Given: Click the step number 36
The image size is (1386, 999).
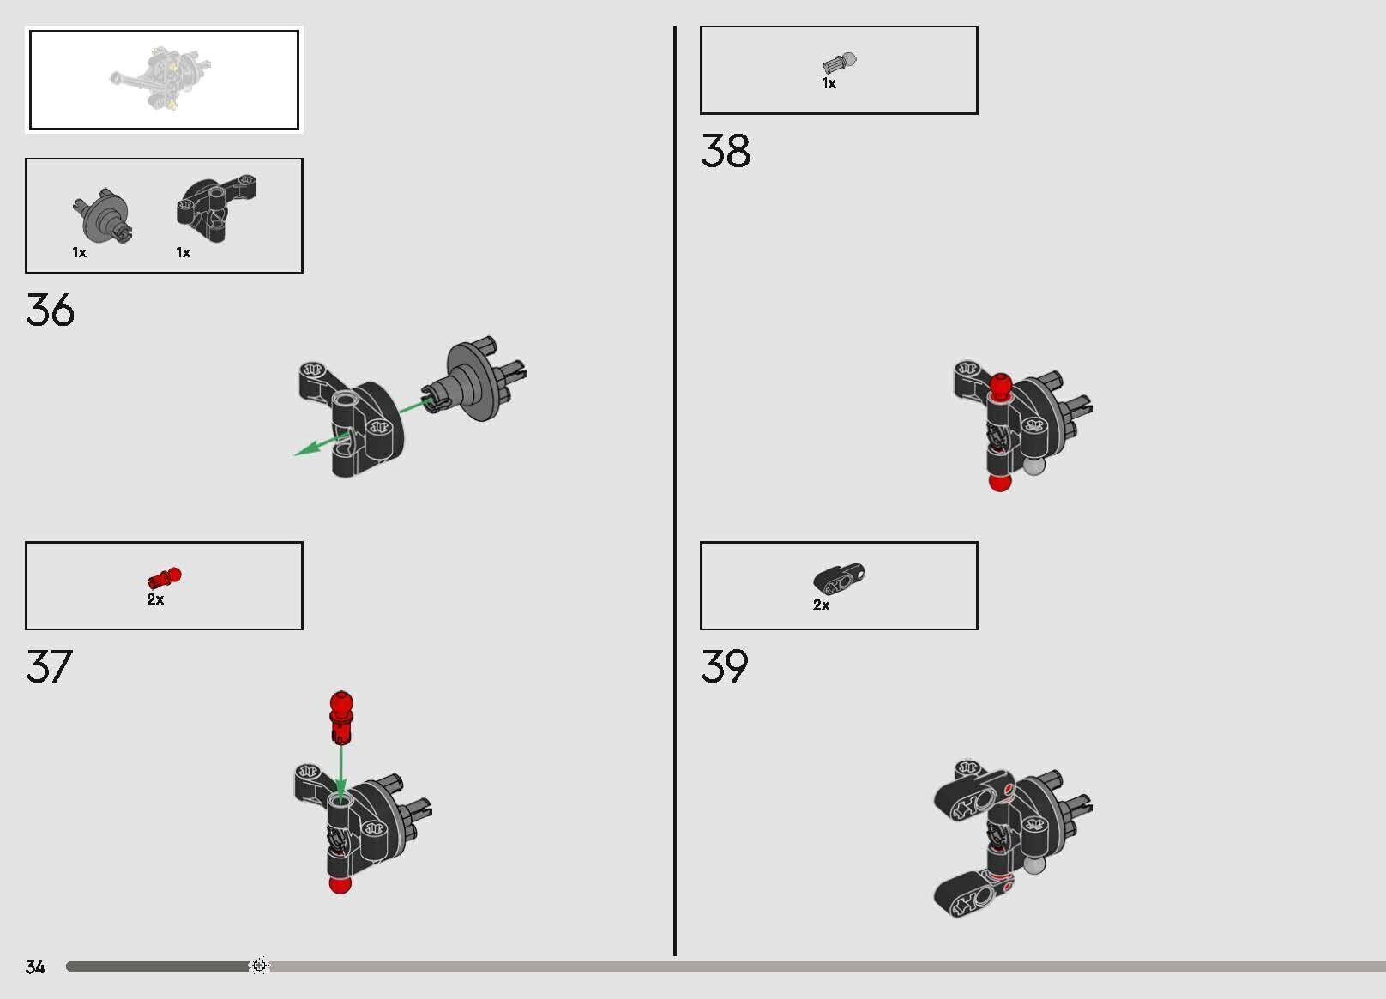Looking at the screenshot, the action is (x=50, y=310).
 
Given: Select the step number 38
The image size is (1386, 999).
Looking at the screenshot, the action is (x=726, y=150).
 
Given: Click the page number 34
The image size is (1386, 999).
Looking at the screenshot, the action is (x=35, y=966).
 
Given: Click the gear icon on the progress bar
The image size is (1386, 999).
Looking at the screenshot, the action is (x=259, y=965).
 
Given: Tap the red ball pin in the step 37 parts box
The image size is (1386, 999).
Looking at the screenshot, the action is (x=165, y=577).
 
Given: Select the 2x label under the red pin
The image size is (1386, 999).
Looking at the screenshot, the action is (x=155, y=599).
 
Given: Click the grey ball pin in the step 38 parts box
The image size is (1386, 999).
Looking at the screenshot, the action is (x=840, y=63).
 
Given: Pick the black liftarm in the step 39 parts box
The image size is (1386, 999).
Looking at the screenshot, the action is (x=840, y=579).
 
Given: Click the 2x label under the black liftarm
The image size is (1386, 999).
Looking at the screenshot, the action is (x=821, y=605).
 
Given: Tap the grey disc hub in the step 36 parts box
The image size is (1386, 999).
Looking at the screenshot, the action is (x=102, y=216).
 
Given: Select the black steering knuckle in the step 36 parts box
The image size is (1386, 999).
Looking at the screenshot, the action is (x=216, y=208).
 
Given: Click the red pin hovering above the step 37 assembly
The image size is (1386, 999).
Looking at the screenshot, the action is (x=341, y=718).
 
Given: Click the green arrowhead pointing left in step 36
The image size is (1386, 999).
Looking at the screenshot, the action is (x=306, y=448).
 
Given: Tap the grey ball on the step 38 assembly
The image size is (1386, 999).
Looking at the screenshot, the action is (x=1034, y=466).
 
